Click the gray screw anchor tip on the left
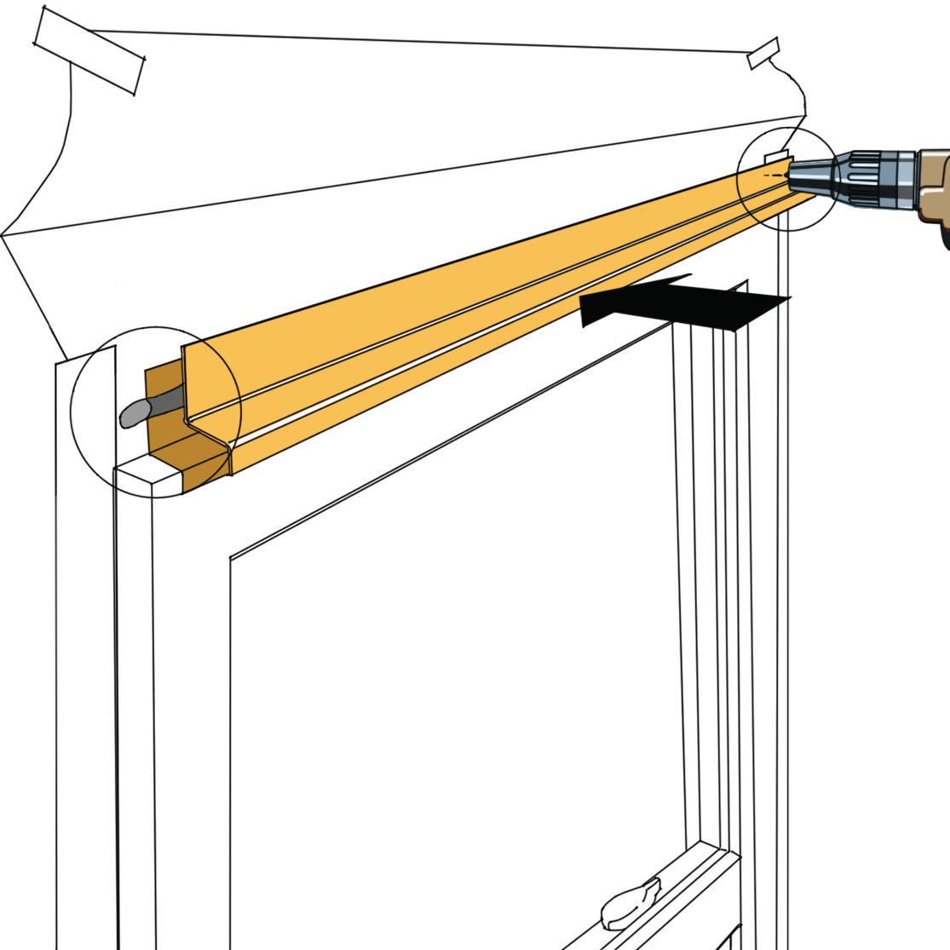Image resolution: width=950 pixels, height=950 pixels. coord(133,415)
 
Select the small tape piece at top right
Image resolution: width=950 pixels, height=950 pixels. coord(763,53)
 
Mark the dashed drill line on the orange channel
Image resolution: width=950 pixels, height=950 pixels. coord(774,174)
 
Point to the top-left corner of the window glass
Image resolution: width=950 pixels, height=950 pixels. coord(231,559)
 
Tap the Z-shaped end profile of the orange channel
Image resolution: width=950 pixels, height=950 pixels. coord(209,426)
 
